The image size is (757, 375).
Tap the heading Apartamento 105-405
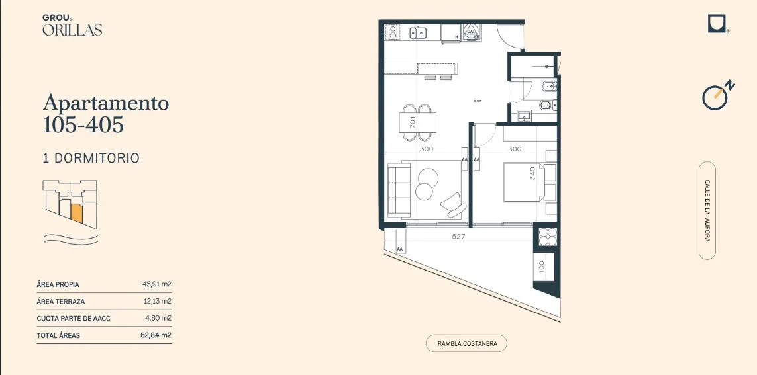click(106, 113)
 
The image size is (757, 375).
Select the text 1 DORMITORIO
click(91, 158)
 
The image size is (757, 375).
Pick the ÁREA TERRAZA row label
click(61, 302)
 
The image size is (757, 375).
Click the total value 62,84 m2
click(156, 335)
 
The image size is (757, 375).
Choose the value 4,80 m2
click(158, 318)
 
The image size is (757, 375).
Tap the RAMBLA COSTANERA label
click(466, 344)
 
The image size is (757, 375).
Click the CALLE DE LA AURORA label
click(707, 210)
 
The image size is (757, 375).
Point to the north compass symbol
click(718, 95)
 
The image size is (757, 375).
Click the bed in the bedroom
click(525, 182)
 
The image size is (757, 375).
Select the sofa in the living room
click(399, 190)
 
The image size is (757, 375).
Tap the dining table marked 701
click(418, 122)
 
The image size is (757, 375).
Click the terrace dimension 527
click(458, 236)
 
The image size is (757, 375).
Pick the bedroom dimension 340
click(533, 173)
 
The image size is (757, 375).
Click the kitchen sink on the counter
click(418, 33)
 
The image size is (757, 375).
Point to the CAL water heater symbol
click(471, 32)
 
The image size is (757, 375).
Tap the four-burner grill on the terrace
click(548, 236)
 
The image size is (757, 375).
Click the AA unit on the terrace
click(400, 241)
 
